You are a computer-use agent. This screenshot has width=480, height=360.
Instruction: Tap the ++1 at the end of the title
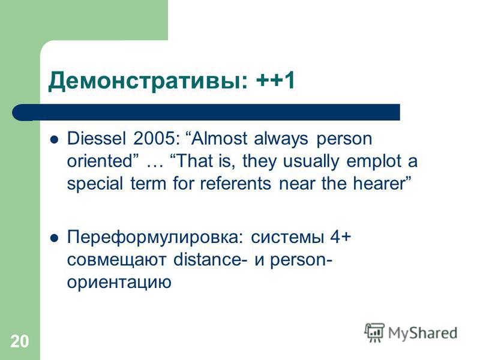(275, 80)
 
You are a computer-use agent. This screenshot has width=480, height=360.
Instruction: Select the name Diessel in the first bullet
(97, 139)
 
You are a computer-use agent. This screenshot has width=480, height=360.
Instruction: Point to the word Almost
(220, 139)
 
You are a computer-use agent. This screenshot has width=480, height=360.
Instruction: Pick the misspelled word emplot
(374, 161)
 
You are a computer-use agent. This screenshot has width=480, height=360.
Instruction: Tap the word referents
(235, 184)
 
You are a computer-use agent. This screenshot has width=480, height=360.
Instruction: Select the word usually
(311, 161)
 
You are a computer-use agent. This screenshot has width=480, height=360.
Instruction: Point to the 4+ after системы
(340, 237)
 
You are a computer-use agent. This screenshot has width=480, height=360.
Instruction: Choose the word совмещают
(116, 260)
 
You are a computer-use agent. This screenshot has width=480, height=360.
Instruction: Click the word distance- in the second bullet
(211, 260)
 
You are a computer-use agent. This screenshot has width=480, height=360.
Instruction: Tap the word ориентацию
(119, 282)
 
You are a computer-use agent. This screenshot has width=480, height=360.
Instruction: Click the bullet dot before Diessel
(54, 140)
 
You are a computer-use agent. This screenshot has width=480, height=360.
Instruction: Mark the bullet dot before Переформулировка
(54, 238)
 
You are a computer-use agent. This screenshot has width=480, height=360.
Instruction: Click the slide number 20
(20, 341)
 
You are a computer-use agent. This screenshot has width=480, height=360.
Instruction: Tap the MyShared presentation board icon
(374, 332)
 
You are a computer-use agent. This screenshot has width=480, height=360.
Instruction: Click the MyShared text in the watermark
(423, 334)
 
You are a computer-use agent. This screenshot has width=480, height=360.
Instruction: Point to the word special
(95, 184)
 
